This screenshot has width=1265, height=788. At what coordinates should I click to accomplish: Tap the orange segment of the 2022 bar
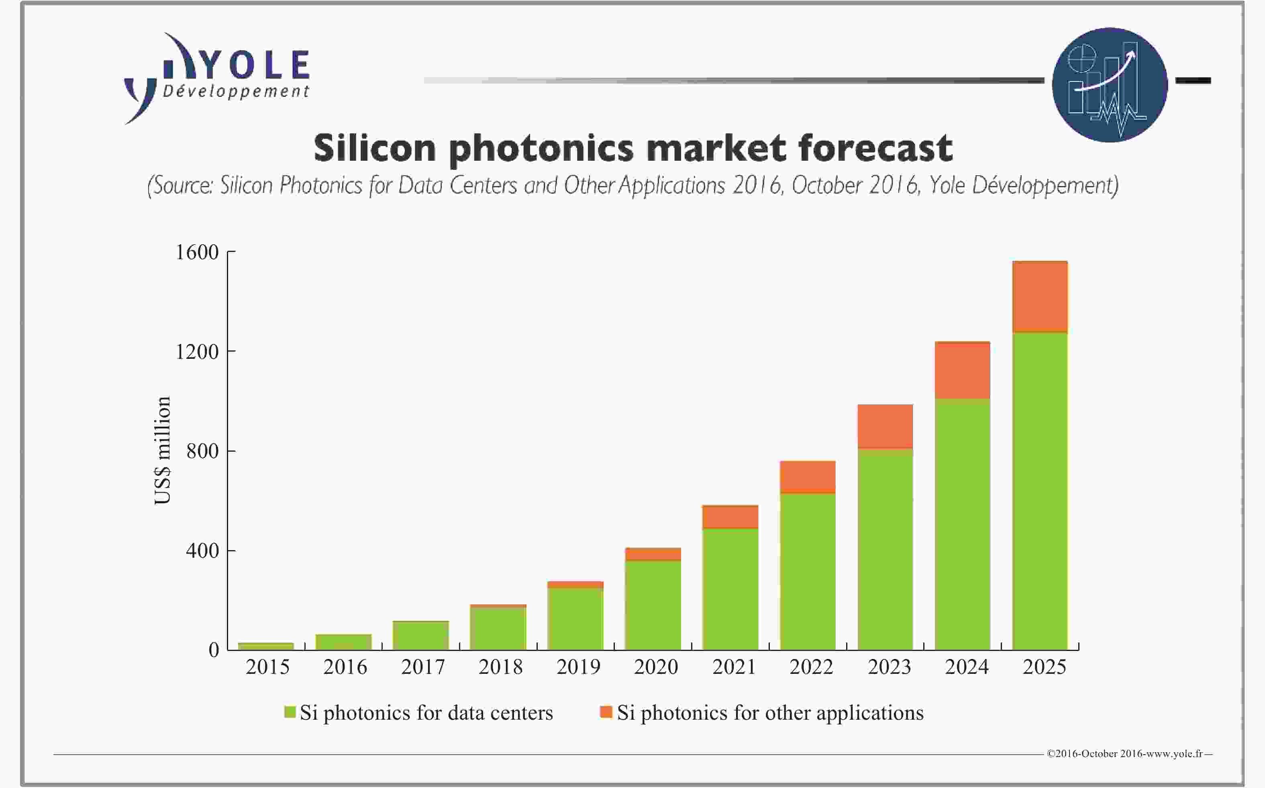point(807,476)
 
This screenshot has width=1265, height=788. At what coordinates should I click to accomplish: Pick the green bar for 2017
point(421,635)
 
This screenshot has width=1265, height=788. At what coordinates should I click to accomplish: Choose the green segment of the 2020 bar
point(653,604)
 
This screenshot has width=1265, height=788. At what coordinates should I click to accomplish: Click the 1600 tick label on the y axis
point(197,252)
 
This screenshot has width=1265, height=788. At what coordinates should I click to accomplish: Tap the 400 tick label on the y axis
point(202,551)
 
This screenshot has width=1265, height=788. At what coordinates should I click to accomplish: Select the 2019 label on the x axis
point(578,667)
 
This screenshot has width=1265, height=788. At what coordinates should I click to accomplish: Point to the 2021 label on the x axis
point(733,667)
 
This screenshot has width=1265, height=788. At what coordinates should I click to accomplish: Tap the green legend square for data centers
point(290,712)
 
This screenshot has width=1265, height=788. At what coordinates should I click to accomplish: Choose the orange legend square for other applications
point(606,712)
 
